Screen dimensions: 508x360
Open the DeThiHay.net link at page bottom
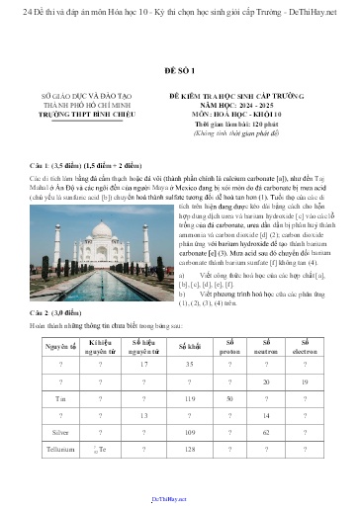tap(178, 501)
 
